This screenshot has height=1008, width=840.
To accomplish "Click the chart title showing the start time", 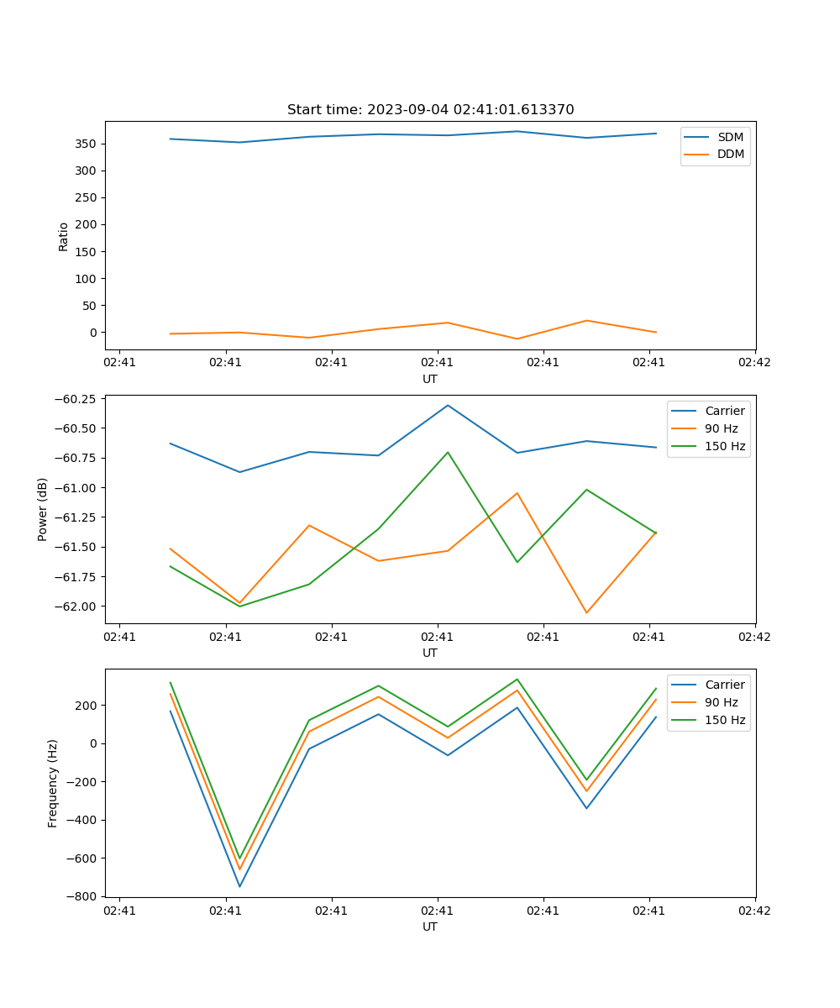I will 430,110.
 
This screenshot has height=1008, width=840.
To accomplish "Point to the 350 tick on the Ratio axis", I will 87,144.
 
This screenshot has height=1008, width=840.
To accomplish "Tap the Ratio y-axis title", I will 64,236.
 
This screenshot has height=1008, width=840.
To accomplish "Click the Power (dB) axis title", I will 43,509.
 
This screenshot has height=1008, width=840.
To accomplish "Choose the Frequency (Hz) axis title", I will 53,783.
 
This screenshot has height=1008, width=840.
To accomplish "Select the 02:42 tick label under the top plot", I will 754,363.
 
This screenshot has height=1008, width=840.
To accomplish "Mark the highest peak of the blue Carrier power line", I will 448,405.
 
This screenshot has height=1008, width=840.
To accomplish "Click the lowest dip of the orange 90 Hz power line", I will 586,612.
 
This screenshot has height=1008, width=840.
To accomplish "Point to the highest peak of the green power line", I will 448,452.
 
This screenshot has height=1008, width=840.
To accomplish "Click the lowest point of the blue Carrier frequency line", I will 239,886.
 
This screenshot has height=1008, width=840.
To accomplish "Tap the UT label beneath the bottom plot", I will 430,927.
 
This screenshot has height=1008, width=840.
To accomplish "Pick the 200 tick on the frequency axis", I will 87,705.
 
